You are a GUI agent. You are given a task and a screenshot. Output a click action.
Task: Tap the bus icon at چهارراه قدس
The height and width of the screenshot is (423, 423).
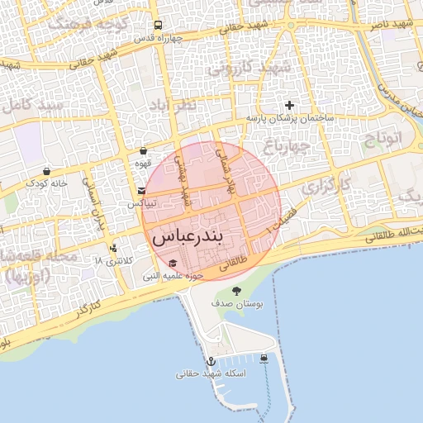[158, 25]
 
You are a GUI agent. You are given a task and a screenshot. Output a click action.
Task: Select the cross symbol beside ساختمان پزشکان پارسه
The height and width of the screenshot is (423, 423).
[289, 105]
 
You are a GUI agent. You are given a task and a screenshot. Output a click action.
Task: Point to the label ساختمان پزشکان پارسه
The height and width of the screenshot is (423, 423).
[289, 119]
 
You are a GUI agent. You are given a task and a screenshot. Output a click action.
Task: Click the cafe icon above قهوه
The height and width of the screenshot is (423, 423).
[145, 151]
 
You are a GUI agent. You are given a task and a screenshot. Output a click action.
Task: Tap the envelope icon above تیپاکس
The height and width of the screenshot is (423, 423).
[142, 191]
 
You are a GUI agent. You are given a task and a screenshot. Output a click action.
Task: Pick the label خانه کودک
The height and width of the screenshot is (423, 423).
[46, 183]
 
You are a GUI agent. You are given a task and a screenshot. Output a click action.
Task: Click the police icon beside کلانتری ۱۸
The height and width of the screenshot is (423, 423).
[112, 248]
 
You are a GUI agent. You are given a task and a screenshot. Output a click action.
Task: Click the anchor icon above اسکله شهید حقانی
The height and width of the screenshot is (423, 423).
[211, 361]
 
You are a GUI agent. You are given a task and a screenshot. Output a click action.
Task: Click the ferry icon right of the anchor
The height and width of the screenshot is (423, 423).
[264, 358]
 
